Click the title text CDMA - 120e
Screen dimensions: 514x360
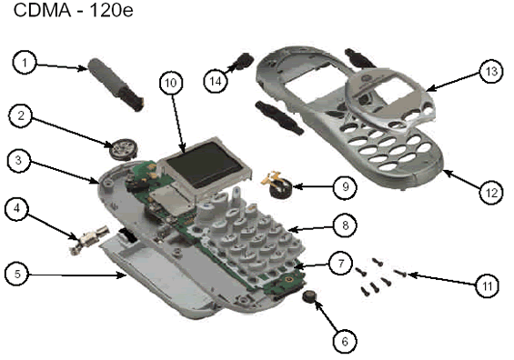tap(73, 10)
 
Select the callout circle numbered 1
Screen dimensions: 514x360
tap(25, 62)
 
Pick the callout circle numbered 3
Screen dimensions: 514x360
tap(19, 161)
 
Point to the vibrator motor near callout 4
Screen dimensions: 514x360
tap(88, 239)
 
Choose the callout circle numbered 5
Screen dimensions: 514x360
tap(17, 274)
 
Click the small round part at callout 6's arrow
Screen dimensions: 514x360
tap(309, 296)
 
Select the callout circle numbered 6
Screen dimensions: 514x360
tap(345, 341)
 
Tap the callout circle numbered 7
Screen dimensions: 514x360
tap(341, 263)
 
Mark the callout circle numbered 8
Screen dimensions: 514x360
tap(346, 225)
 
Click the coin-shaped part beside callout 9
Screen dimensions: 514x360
tap(279, 186)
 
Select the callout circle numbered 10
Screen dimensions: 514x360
tap(171, 83)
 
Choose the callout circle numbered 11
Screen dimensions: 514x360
tap(488, 286)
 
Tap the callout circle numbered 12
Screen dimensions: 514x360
tap(491, 193)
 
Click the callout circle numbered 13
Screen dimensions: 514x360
tap(491, 71)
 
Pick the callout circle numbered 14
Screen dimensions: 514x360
tap(216, 81)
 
